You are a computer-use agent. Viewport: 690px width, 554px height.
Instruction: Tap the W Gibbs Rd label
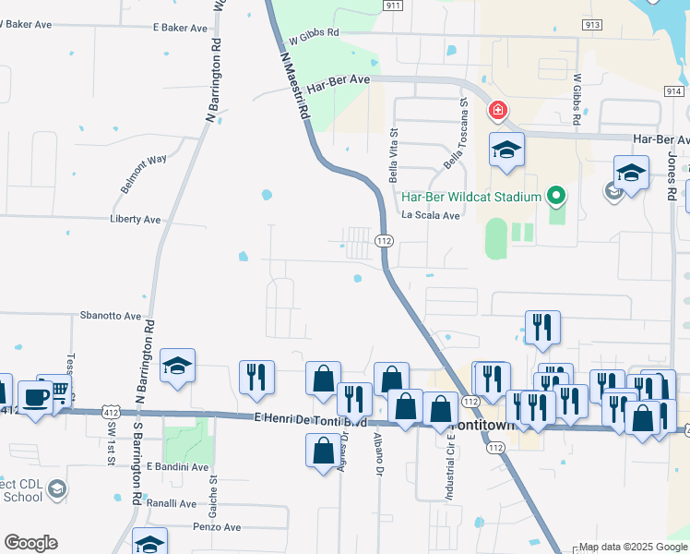point(314,37)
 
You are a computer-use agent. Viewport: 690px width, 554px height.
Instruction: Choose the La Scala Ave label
point(430,216)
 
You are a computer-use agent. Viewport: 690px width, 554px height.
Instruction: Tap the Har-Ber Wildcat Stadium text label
point(470,196)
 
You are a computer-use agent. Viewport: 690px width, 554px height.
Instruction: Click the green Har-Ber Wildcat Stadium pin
point(555,196)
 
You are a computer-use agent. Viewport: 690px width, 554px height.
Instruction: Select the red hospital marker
point(498,111)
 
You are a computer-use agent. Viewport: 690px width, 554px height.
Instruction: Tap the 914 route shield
point(673,90)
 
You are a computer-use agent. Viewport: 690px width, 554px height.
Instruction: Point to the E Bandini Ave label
point(177,467)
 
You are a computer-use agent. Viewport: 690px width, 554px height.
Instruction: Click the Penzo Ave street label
point(216,527)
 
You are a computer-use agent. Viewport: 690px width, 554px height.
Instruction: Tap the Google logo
point(30,543)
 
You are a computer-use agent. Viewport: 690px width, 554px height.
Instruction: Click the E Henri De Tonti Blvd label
point(311,419)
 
